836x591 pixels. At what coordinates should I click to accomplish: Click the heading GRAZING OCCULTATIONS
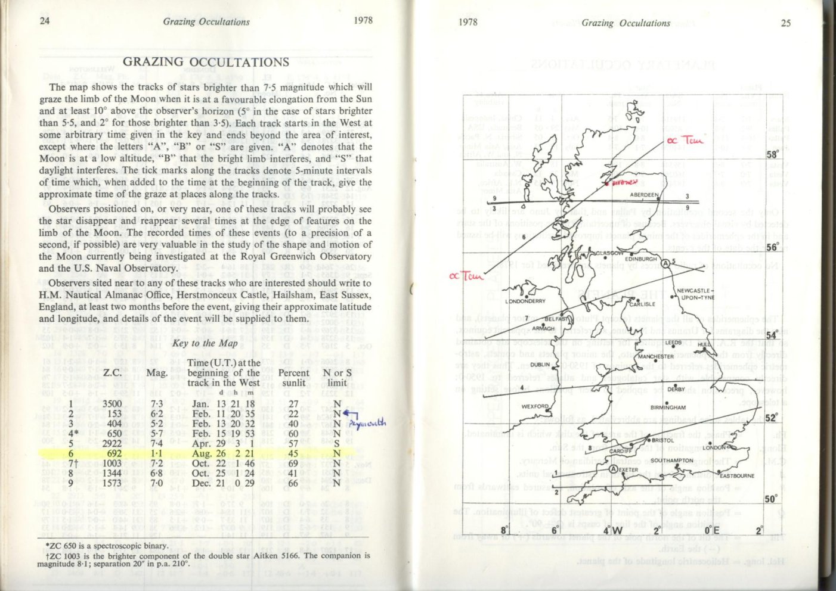tap(206, 63)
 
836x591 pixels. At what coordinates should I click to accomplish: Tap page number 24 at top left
tap(45, 21)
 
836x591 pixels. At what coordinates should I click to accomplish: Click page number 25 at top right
tap(785, 23)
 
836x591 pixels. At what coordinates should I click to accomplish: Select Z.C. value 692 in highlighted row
tap(112, 453)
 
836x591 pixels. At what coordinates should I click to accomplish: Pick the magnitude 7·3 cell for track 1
tap(157, 403)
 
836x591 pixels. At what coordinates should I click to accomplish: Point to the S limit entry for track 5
tap(337, 443)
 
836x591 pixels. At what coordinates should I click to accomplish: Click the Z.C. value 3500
tap(112, 403)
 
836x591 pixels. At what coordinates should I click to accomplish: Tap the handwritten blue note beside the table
tap(367, 423)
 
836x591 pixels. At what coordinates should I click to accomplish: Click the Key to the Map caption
tap(205, 343)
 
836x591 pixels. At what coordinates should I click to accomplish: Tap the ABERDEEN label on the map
tap(645, 195)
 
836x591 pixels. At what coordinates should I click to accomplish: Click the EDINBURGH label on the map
tap(641, 259)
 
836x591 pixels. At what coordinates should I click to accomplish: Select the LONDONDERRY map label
tap(525, 301)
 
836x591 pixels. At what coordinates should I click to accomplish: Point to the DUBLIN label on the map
tap(540, 365)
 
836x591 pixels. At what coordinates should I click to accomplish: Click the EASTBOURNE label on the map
tap(737, 476)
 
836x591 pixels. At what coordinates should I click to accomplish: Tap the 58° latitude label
tap(772, 155)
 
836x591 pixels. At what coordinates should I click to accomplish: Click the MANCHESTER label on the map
tap(656, 357)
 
